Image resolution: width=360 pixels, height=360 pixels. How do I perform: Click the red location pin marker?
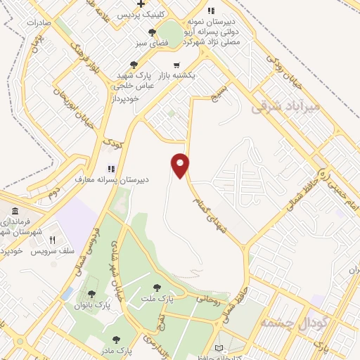pos(181,165)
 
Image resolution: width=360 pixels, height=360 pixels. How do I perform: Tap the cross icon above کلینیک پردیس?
pos(142,4)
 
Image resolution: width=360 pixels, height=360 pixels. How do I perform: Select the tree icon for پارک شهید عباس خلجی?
pos(124,65)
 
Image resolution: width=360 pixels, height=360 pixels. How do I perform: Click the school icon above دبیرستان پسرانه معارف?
pos(110,169)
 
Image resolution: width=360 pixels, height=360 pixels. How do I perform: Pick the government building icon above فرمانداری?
pos(15,212)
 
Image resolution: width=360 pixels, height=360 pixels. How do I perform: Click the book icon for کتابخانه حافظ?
pos(219,349)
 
